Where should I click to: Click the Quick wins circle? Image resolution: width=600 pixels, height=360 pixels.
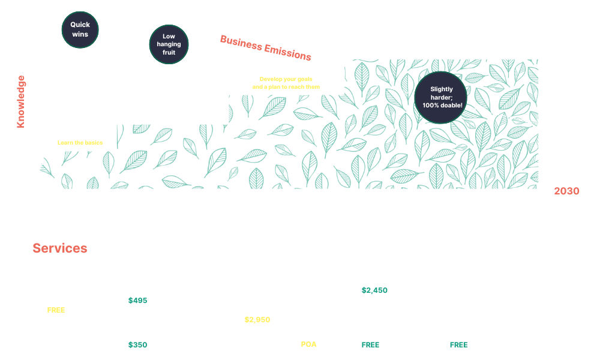(x=80, y=29)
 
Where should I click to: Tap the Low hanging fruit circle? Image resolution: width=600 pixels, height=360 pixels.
(x=169, y=44)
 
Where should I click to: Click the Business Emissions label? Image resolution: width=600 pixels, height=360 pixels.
(x=266, y=48)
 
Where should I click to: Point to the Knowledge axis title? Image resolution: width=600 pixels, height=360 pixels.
(x=21, y=101)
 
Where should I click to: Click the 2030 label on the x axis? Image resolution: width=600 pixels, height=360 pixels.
(x=566, y=191)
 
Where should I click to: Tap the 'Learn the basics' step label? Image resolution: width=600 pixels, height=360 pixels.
(x=80, y=143)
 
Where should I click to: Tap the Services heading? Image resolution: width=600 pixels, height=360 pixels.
(x=60, y=248)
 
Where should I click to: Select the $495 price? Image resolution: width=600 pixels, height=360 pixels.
(x=137, y=301)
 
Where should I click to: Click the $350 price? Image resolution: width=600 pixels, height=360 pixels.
(x=137, y=345)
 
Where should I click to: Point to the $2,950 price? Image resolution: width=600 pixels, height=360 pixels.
(x=257, y=320)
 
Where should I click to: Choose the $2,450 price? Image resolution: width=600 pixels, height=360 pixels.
(x=374, y=290)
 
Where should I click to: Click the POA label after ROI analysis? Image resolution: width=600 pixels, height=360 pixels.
(x=309, y=344)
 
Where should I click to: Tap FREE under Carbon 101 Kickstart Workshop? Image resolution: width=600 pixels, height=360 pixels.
(x=56, y=310)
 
